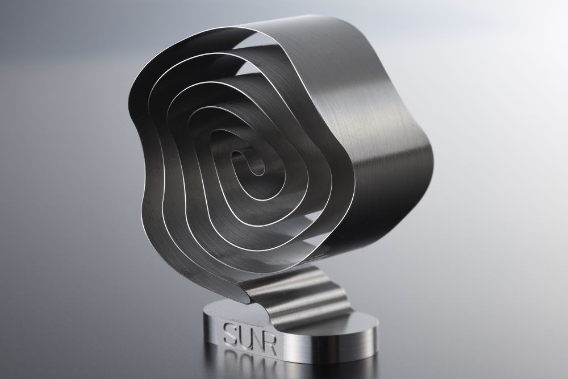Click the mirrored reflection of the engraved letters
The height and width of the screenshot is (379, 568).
click(250, 363)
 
